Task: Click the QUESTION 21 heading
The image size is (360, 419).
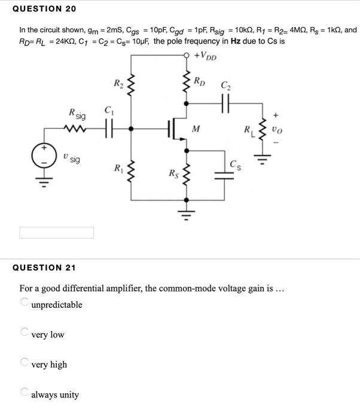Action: [x=44, y=268]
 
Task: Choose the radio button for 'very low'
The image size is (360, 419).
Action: [x=25, y=332]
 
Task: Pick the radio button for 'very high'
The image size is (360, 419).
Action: [x=25, y=362]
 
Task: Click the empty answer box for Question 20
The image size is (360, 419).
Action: [x=57, y=232]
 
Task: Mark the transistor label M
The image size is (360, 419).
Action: [x=196, y=129]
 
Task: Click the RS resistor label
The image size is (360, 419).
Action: [x=173, y=174]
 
